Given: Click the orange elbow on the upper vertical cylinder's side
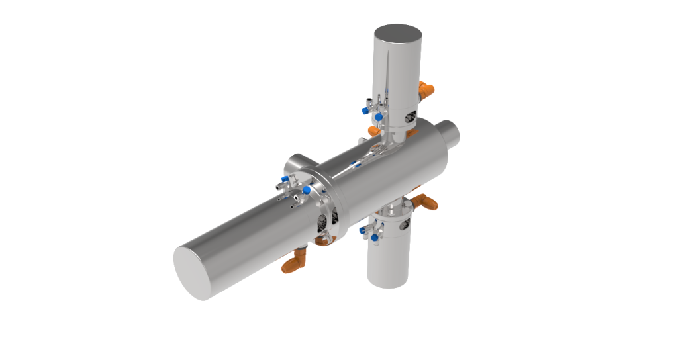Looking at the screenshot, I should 427,87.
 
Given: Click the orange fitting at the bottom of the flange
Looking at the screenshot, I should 324,240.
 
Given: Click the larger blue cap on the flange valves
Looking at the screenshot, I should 307,191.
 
